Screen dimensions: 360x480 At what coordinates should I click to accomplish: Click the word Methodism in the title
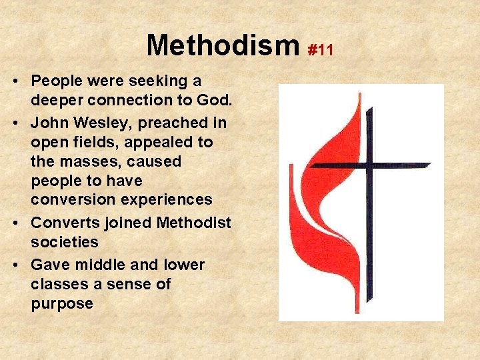pos(223,46)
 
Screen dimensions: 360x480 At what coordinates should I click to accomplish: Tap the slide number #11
pos(320,50)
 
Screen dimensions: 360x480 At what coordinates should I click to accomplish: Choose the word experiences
pos(167,199)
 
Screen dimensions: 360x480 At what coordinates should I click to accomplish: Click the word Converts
pos(61,222)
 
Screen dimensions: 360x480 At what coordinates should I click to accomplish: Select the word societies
pos(64,241)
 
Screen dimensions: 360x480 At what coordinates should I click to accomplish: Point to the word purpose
pos(61,303)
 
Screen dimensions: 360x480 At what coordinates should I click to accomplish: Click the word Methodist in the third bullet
pos(193,222)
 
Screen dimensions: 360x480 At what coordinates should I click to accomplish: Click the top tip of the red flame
pos(359,95)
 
